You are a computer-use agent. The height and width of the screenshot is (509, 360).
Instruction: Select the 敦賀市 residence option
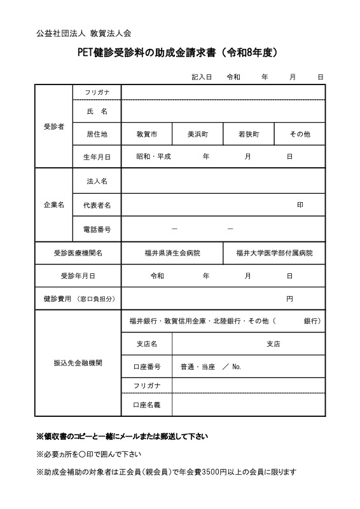pos(146,134)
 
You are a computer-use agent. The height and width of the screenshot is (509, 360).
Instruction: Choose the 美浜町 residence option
pos(197,134)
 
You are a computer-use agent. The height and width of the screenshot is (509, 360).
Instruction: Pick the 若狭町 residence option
pos(248,134)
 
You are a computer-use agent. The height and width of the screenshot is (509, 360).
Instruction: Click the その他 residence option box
pos(300,134)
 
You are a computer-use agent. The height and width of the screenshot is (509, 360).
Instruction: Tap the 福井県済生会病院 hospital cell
pos(172,253)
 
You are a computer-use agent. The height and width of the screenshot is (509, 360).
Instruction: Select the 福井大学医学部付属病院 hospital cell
pos(274,253)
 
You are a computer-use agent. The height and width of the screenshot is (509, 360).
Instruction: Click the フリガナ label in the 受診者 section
pos(97,93)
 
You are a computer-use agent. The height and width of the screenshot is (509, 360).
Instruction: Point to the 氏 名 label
pos(97,111)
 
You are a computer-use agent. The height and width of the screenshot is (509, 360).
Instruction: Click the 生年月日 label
pos(97,156)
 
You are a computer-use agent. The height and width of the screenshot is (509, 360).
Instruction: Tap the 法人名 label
pos(97,181)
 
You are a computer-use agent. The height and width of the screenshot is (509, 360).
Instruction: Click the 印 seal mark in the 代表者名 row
pos(300,205)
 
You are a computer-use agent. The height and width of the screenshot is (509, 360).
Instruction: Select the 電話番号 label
pos(97,229)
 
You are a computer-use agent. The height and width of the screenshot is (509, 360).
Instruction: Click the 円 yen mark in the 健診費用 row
pos(289,299)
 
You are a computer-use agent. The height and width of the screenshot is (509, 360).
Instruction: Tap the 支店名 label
pos(146,344)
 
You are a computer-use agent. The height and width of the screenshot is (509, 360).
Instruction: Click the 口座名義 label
pos(146,404)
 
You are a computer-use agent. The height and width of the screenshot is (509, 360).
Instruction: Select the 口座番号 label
pos(146,367)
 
